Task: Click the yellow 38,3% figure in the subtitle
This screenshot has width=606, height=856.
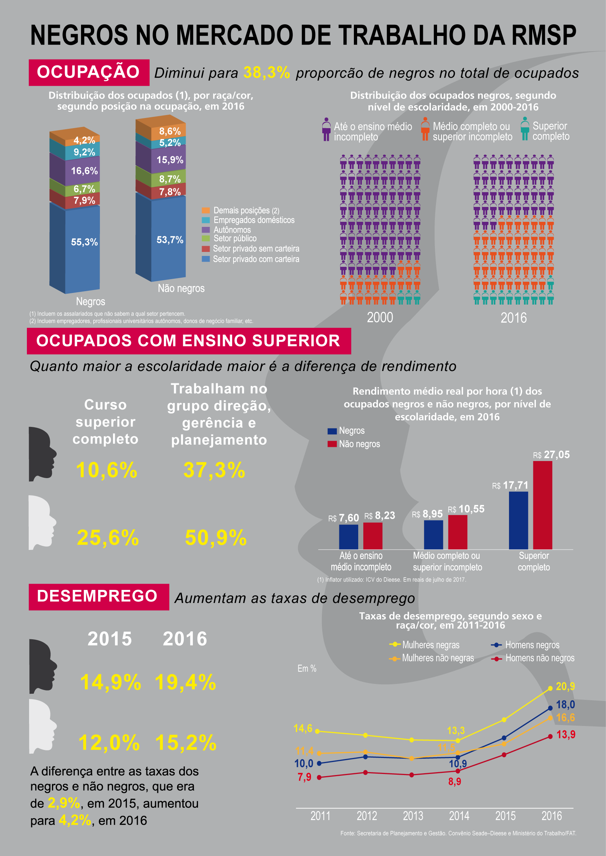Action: (x=266, y=72)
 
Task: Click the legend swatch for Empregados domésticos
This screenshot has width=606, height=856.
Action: (x=206, y=220)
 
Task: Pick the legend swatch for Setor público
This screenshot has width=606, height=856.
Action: (x=206, y=239)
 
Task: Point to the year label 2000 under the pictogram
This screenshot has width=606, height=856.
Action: (x=380, y=318)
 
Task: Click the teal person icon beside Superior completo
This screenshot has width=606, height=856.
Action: (x=525, y=129)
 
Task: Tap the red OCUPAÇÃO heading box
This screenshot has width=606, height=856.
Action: (x=89, y=72)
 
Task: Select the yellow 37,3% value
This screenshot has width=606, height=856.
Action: (x=214, y=470)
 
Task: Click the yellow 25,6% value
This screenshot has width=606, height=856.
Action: (x=108, y=538)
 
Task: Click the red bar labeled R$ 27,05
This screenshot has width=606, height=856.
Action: (x=542, y=505)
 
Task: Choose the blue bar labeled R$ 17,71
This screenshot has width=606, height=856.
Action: (x=518, y=520)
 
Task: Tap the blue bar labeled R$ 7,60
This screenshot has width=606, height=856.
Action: (x=348, y=537)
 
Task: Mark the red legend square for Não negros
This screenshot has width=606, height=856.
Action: (x=332, y=444)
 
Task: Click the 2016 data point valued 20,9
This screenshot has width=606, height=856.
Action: (x=550, y=688)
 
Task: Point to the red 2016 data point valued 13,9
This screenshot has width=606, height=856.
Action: (x=550, y=736)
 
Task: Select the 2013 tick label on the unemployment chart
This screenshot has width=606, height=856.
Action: (x=413, y=816)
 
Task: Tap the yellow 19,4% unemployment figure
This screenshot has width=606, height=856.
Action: (x=185, y=682)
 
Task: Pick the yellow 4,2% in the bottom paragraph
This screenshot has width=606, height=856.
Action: (x=75, y=820)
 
